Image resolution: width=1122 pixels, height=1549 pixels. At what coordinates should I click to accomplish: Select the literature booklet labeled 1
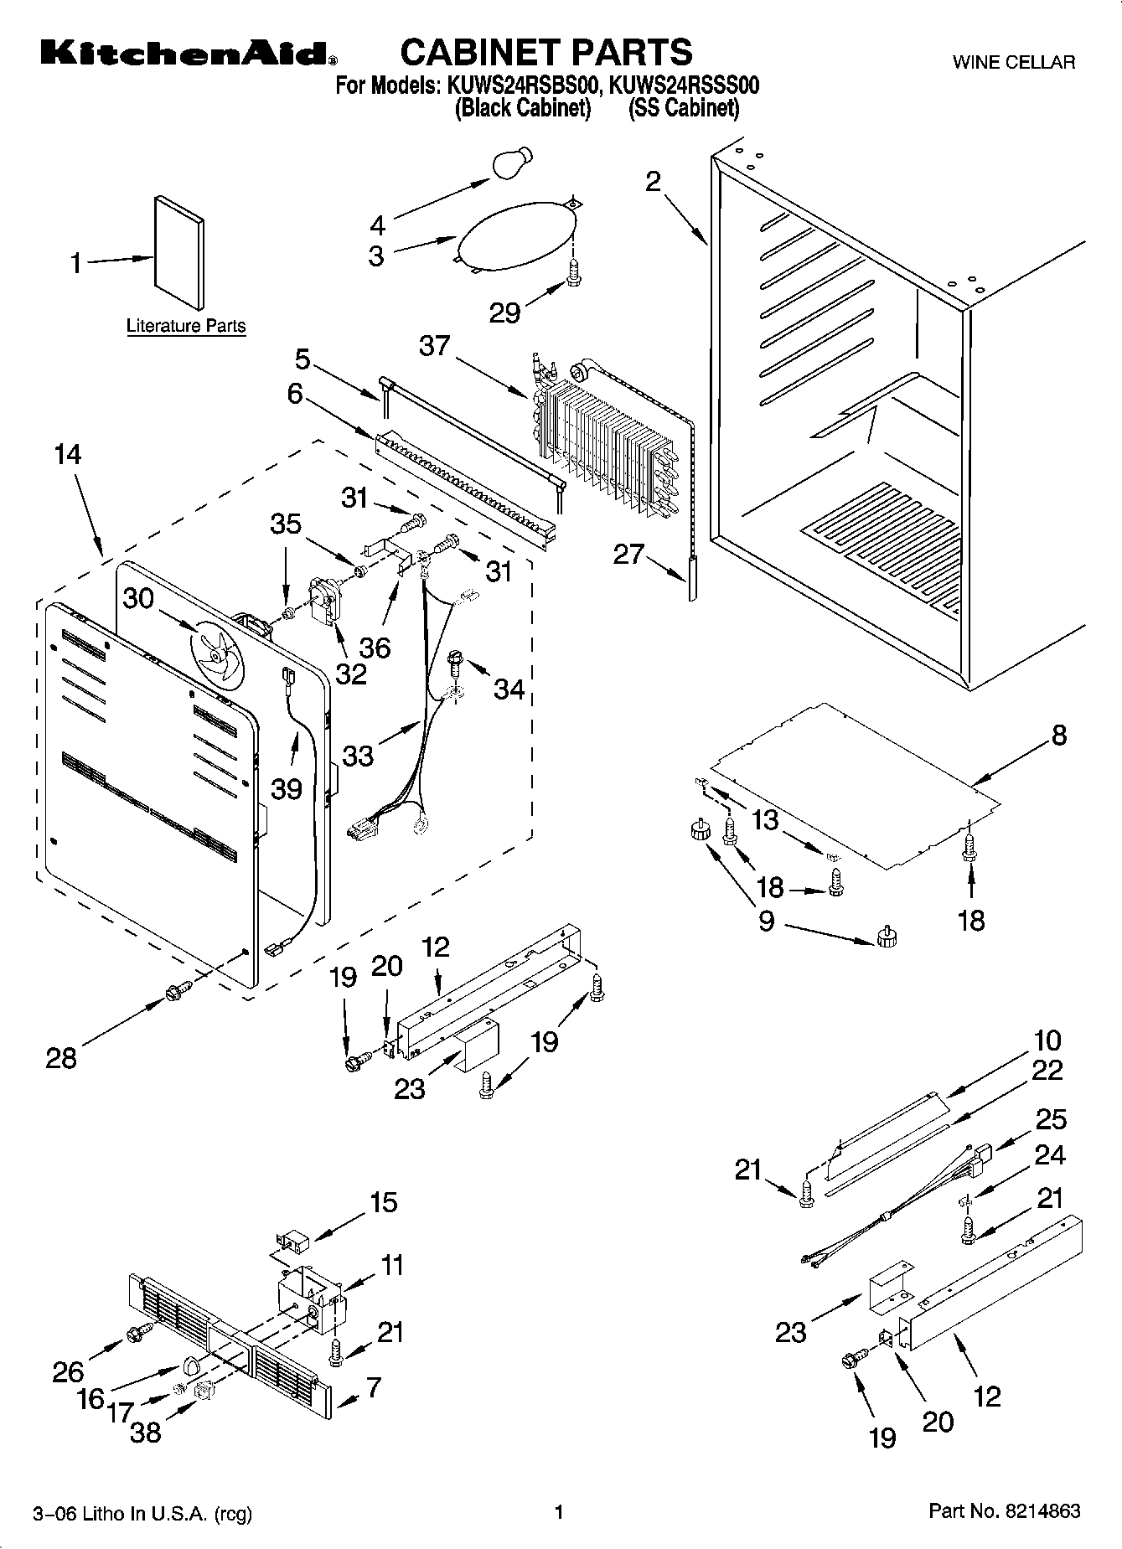coord(178,252)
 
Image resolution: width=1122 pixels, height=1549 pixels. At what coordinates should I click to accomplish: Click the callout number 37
coord(434,345)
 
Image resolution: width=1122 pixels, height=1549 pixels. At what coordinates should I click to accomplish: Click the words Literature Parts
coord(186,326)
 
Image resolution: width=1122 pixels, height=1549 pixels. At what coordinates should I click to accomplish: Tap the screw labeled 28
coord(178,991)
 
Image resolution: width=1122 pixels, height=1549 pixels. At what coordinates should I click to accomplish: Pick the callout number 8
coord(1058,735)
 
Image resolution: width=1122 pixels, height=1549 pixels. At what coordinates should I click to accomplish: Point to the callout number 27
coord(628,554)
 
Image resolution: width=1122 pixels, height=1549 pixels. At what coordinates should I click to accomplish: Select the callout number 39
coord(287,787)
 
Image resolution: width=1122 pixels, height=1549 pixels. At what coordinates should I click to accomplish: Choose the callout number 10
coord(1047,1040)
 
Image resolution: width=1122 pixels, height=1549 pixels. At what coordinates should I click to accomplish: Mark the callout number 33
coord(358,755)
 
